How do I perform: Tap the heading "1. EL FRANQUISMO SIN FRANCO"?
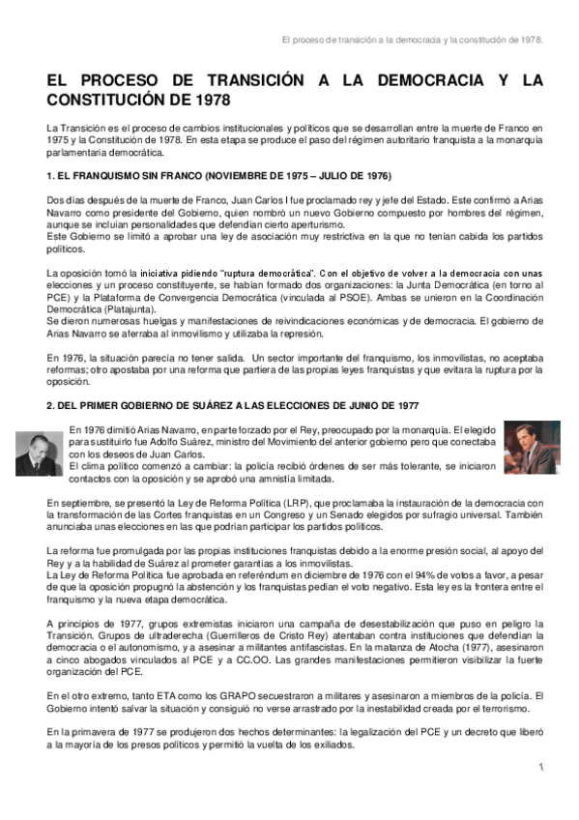(x=218, y=177)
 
